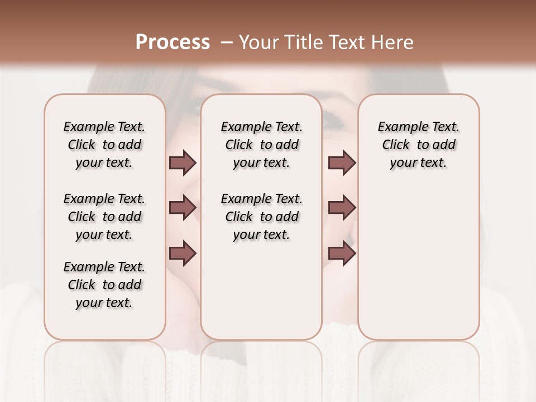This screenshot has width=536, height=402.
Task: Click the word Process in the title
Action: click(173, 42)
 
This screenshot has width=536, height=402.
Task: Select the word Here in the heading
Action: click(393, 42)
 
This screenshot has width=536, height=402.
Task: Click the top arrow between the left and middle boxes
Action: click(183, 162)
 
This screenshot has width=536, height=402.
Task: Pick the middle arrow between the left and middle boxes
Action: click(183, 208)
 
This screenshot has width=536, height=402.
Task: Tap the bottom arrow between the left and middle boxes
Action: click(183, 253)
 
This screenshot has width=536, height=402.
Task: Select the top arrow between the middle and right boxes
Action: click(342, 162)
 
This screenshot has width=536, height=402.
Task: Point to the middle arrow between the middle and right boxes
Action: click(342, 208)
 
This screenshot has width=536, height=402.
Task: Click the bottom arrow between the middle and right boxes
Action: click(342, 253)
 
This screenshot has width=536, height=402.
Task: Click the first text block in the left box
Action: click(104, 145)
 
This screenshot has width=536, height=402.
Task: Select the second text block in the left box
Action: click(104, 217)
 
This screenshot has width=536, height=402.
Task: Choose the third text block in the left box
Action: click(104, 285)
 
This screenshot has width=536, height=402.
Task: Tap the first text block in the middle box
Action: click(262, 145)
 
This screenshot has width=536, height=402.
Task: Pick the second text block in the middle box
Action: click(262, 217)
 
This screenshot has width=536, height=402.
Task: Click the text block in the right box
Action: click(419, 145)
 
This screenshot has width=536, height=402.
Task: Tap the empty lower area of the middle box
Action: click(262, 290)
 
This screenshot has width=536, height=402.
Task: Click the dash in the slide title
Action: click(227, 42)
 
